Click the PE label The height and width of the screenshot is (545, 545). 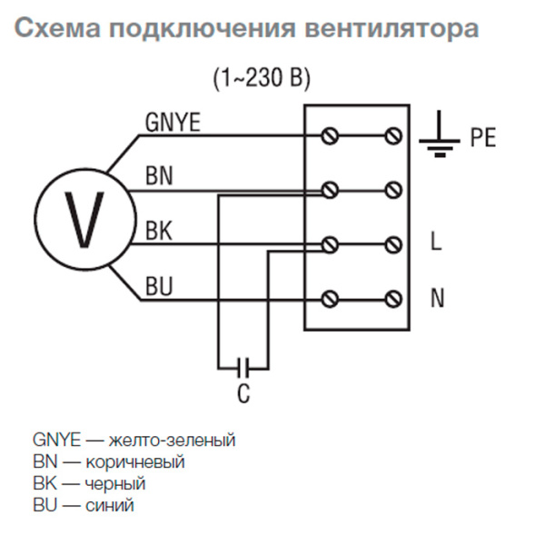[482, 139]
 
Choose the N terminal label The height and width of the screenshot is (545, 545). [437, 298]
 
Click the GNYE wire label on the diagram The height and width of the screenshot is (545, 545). [171, 122]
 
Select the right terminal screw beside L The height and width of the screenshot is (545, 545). [393, 243]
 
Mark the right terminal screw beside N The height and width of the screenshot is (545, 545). [393, 298]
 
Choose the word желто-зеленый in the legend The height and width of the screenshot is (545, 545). [172, 441]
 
